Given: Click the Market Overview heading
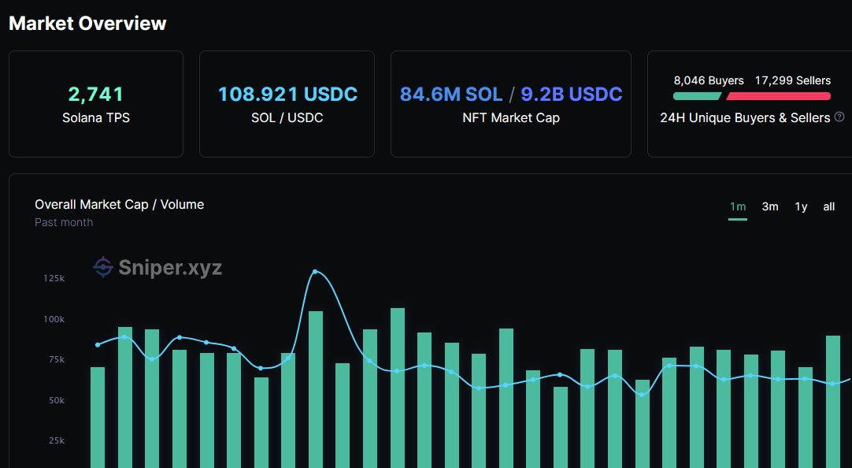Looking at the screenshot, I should click(87, 24).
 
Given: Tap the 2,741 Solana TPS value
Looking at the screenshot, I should click(96, 95).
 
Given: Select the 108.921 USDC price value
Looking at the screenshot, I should click(287, 95).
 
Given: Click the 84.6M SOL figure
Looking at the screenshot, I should click(451, 95).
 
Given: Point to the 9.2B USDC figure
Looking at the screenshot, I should click(572, 95).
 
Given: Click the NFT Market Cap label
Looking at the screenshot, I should click(511, 118).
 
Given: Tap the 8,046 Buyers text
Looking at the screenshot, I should click(709, 80).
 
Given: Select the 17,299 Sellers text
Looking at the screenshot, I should click(792, 80).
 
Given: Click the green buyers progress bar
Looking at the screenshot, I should click(697, 96).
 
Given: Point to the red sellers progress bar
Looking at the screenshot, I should click(778, 96).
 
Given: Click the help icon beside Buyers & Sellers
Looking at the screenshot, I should click(839, 117).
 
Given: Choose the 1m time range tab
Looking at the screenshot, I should click(738, 206).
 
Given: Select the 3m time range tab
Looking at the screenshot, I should click(770, 206).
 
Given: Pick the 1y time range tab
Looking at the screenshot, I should click(801, 206).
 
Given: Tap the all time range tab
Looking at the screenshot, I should click(828, 206).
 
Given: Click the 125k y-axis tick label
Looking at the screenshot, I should click(54, 279).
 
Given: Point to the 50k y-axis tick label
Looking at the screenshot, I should click(54, 400).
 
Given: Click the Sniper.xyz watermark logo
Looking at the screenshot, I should click(157, 268).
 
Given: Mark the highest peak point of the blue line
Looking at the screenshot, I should click(315, 272).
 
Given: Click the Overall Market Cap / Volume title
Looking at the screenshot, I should click(119, 205).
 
